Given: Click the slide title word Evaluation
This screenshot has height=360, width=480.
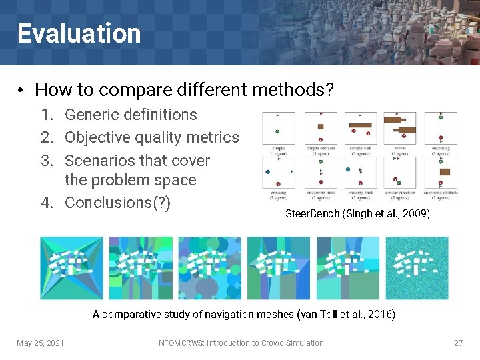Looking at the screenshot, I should (x=79, y=33).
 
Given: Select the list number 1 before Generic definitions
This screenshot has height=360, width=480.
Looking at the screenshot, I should (x=47, y=115).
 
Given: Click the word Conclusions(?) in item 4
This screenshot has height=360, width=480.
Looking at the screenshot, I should (x=117, y=202).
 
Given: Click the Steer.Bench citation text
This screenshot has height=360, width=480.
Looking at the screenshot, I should (x=357, y=214).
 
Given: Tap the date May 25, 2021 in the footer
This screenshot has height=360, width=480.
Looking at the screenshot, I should (x=40, y=343).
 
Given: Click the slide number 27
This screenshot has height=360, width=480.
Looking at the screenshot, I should (x=458, y=343).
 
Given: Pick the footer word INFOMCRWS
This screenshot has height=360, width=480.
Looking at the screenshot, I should (x=179, y=343).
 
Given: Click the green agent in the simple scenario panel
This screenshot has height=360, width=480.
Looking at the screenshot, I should (x=277, y=131).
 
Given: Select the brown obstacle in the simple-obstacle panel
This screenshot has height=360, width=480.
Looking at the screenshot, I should (x=320, y=126).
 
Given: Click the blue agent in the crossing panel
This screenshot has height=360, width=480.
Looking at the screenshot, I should (x=267, y=171).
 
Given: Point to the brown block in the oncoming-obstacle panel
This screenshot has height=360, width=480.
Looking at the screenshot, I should (x=445, y=171).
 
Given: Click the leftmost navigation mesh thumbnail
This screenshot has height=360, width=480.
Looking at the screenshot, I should (x=71, y=267).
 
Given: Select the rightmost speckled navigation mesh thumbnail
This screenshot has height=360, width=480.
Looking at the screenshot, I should (x=417, y=267).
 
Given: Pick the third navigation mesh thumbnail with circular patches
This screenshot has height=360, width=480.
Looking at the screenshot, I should (x=209, y=267).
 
